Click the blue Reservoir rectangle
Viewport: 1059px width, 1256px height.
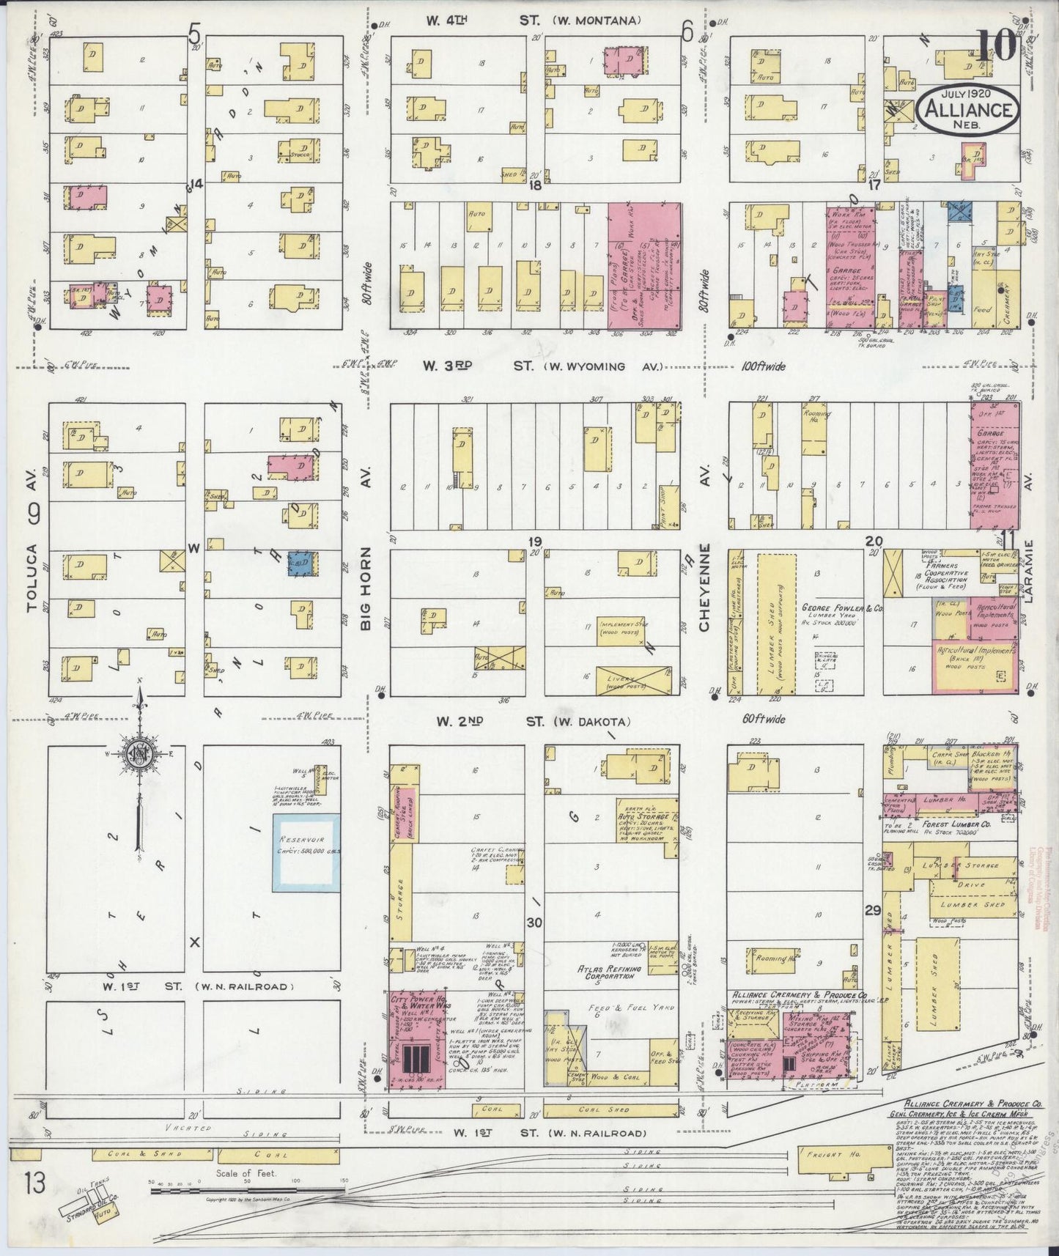(x=306, y=852)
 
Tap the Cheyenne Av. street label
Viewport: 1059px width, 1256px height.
(x=704, y=586)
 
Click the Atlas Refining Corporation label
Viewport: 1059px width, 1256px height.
(x=609, y=972)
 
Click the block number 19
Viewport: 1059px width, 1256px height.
(x=534, y=542)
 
